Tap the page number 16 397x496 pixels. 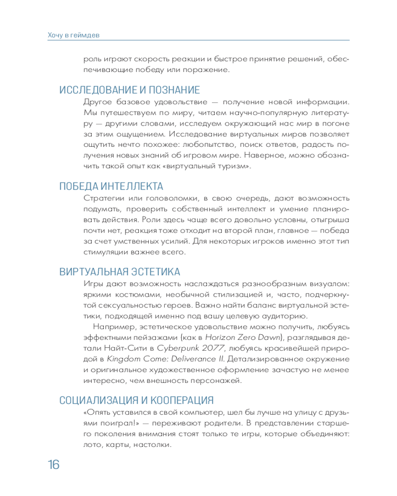point(53,465)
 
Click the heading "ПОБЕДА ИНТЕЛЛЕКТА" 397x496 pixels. point(111,186)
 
